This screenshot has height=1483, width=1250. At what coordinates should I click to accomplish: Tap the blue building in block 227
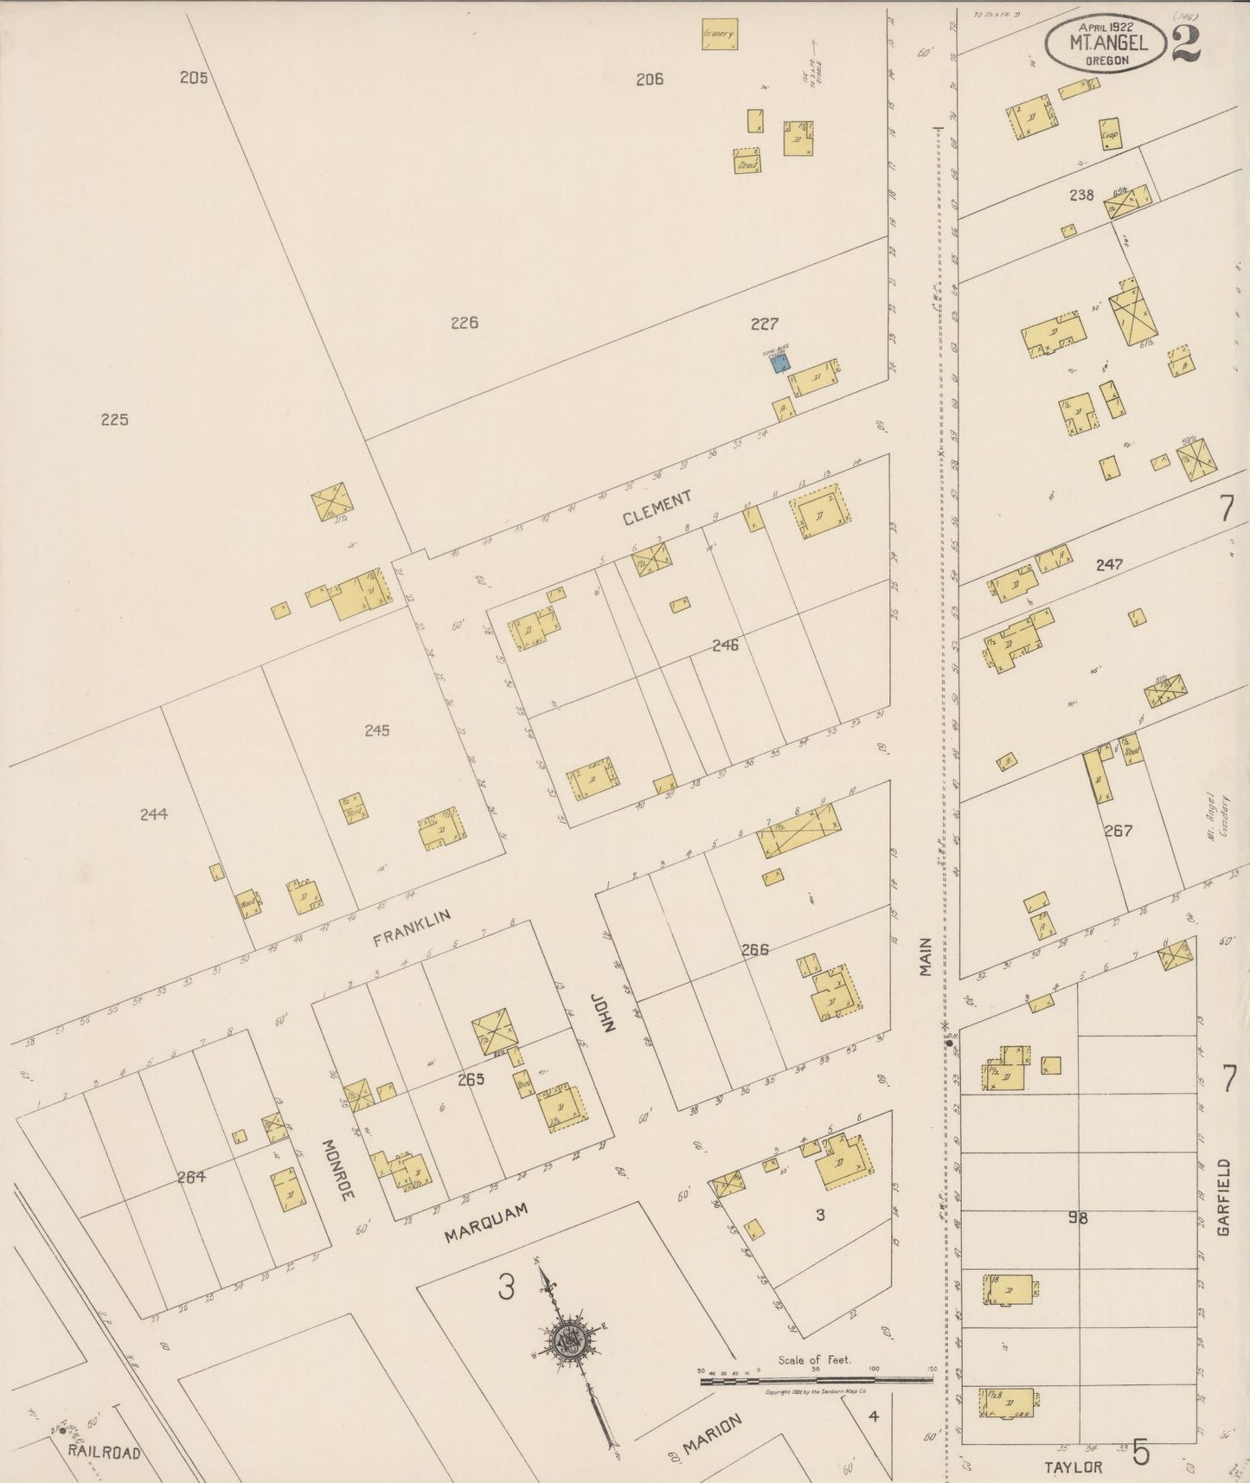(780, 363)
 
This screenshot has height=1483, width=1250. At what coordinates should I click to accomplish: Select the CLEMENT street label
(657, 507)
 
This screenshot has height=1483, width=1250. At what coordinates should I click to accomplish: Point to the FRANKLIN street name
(413, 928)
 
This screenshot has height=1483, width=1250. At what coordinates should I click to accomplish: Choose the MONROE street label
(339, 1169)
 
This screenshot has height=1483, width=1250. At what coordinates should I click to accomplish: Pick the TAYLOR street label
(1073, 1467)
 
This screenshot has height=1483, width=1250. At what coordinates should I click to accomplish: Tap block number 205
(194, 77)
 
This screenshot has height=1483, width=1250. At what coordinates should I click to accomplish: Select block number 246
(725, 645)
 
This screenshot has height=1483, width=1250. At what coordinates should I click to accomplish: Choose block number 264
(190, 1176)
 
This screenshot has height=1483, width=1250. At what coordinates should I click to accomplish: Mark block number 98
(1077, 1218)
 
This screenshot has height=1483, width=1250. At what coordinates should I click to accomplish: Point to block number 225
(114, 420)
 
